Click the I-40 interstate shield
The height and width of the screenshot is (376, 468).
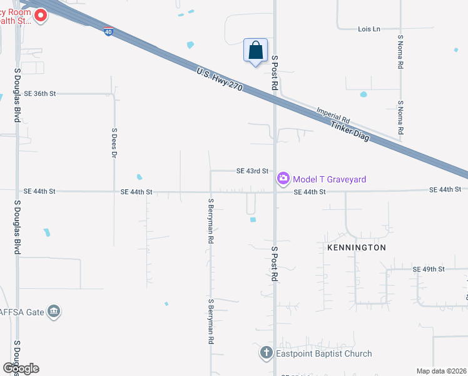pyautogui.click(x=109, y=31)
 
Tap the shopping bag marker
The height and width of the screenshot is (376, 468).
pyautogui.click(x=255, y=50)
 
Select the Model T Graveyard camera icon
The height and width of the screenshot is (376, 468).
pyautogui.click(x=283, y=179)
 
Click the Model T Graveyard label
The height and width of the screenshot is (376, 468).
pyautogui.click(x=330, y=180)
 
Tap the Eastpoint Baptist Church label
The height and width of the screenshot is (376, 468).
pyautogui.click(x=324, y=354)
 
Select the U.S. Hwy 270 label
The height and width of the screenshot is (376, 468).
pyautogui.click(x=218, y=81)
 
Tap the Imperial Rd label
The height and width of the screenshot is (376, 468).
pyautogui.click(x=333, y=113)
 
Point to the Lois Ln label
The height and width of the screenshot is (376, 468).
pyautogui.click(x=369, y=29)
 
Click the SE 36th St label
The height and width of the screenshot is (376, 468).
pyautogui.click(x=40, y=93)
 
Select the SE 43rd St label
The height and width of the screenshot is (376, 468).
pyautogui.click(x=252, y=170)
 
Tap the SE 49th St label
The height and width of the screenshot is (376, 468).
pyautogui.click(x=429, y=269)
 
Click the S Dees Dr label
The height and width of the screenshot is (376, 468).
pyautogui.click(x=114, y=143)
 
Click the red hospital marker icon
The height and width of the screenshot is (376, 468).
pyautogui.click(x=41, y=15)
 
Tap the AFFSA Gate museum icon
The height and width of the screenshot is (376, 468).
pyautogui.click(x=54, y=311)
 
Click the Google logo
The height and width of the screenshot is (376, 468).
pyautogui.click(x=21, y=368)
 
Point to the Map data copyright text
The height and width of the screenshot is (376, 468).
pyautogui.click(x=441, y=371)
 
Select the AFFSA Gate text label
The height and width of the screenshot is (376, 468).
pyautogui.click(x=23, y=311)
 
